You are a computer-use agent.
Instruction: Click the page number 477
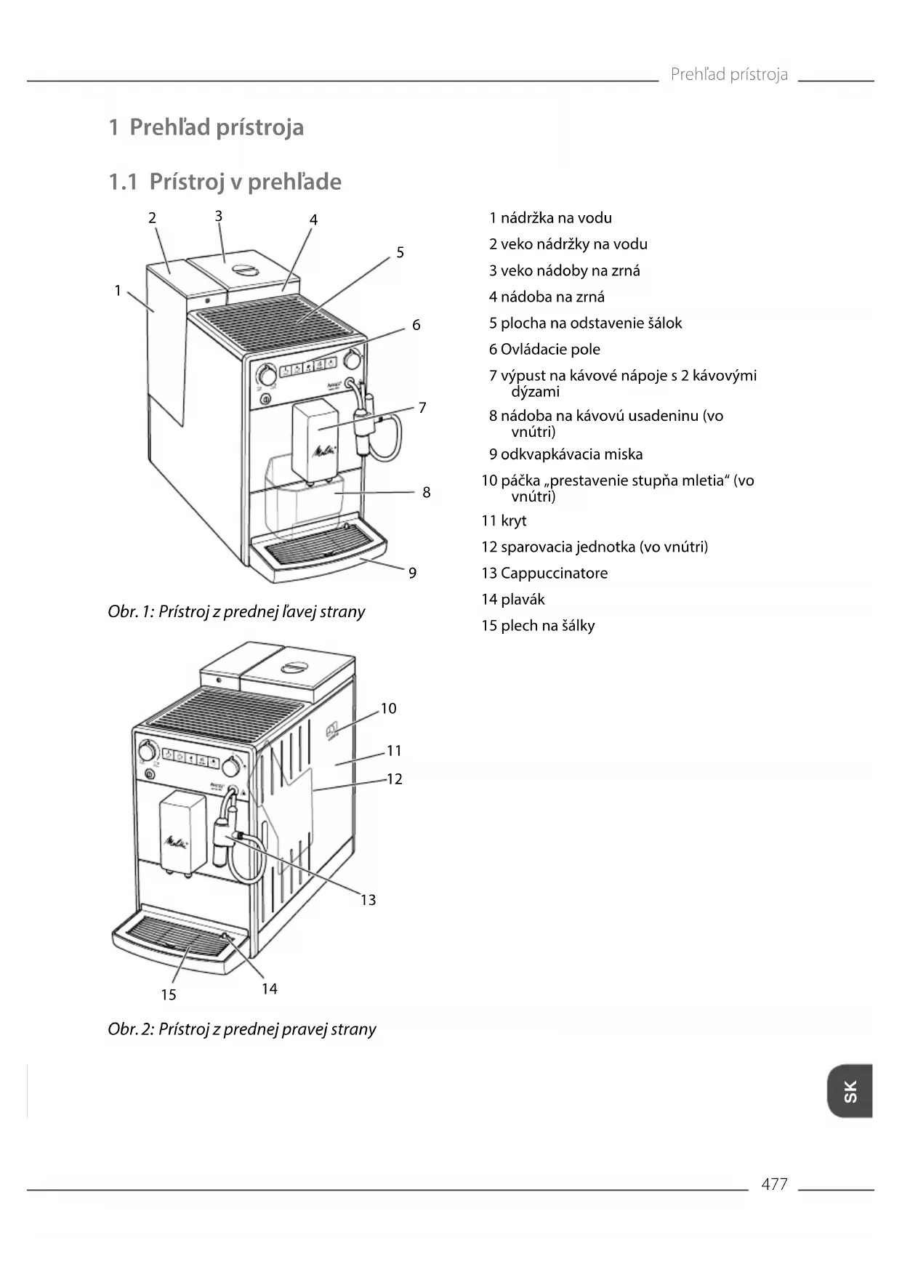pyautogui.click(x=774, y=1184)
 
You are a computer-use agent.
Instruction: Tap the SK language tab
pyautogui.click(x=850, y=1091)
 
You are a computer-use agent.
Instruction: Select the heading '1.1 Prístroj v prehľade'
pyautogui.click(x=225, y=182)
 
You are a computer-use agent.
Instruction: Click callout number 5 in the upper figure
pyautogui.click(x=400, y=253)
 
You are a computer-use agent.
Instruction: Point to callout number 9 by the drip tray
pyautogui.click(x=412, y=574)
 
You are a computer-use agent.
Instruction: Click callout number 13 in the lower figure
pyautogui.click(x=369, y=901)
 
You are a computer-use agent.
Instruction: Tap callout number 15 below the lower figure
pyautogui.click(x=169, y=995)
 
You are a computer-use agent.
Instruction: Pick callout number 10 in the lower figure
pyautogui.click(x=388, y=709)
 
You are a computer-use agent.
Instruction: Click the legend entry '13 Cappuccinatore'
pyautogui.click(x=544, y=574)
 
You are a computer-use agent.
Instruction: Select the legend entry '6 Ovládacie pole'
pyautogui.click(x=544, y=350)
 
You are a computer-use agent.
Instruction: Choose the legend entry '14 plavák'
pyautogui.click(x=512, y=600)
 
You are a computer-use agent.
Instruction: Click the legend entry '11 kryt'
pyautogui.click(x=504, y=521)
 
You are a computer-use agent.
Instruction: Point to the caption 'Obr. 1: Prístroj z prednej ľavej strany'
pyautogui.click(x=236, y=612)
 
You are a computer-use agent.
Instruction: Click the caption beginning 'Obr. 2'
pyautogui.click(x=242, y=1029)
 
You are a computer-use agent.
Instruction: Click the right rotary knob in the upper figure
pyautogui.click(x=353, y=359)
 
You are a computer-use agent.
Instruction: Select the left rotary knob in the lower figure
pyautogui.click(x=148, y=751)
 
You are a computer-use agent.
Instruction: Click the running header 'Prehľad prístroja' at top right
pyautogui.click(x=729, y=75)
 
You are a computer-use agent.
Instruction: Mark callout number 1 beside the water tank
pyautogui.click(x=118, y=291)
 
